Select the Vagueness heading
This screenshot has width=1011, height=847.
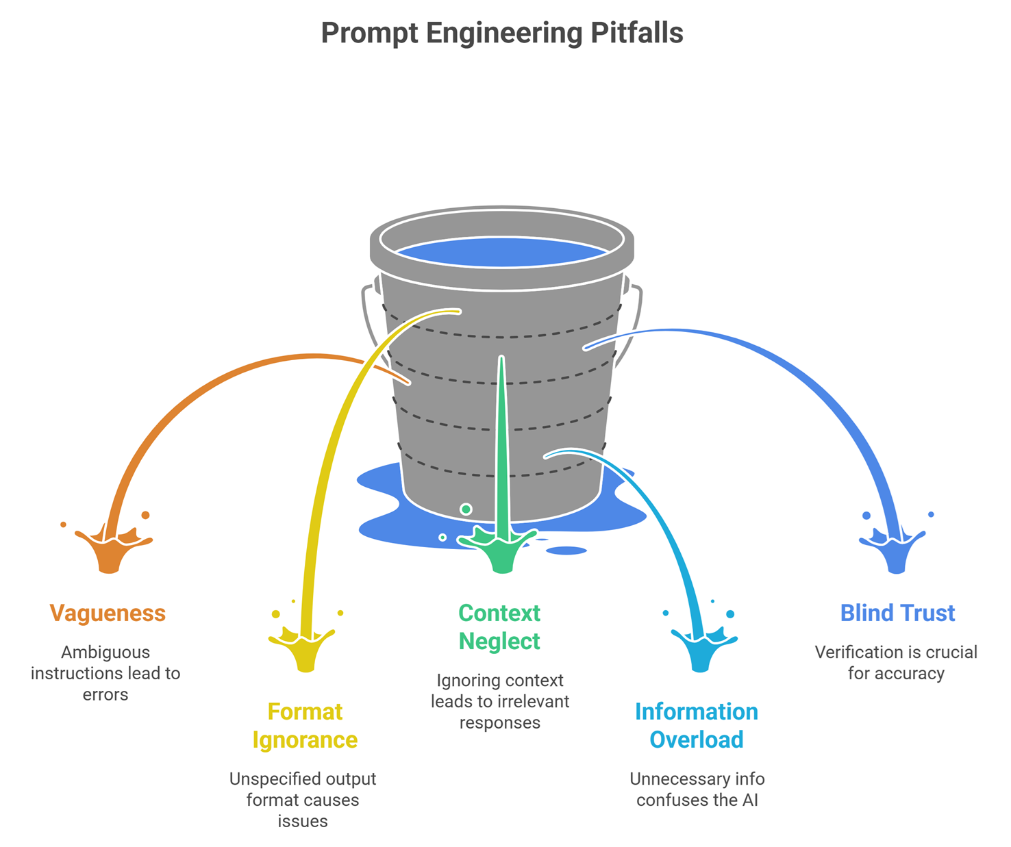pos(108,613)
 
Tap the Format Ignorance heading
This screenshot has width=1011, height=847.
pos(305,726)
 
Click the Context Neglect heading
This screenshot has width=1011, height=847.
pos(499,627)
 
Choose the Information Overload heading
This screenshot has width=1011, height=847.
pos(696,726)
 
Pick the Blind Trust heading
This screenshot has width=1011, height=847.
pos(897,613)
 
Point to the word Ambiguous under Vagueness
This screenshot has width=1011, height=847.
pos(105,652)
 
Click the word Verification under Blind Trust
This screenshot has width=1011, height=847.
pos(858,652)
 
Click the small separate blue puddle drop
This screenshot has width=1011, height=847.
pos(566,551)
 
